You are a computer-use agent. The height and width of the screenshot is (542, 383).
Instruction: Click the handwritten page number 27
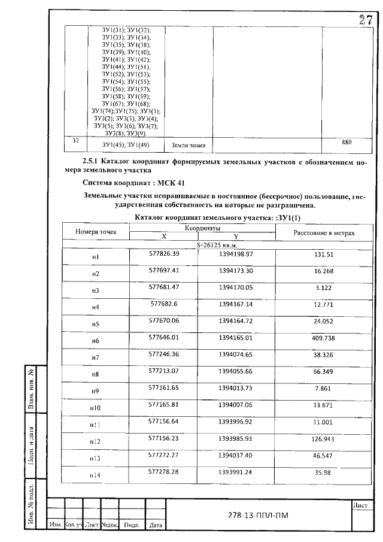click(366, 20)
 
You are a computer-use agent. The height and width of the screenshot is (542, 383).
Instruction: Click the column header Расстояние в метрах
click(324, 232)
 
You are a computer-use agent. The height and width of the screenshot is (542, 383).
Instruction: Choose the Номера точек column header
click(96, 232)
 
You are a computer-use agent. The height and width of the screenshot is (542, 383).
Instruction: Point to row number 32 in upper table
click(75, 141)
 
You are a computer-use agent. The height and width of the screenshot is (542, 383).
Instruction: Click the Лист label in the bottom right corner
click(360, 505)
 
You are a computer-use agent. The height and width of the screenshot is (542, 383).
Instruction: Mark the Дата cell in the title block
click(155, 525)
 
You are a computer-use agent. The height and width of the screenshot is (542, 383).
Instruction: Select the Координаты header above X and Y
click(202, 228)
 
